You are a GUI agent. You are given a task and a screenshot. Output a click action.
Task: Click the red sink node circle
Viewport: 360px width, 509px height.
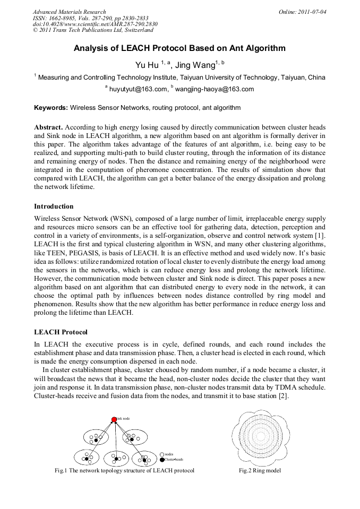(114, 419)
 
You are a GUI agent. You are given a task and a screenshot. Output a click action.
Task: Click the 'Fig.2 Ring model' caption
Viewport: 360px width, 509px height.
(260, 471)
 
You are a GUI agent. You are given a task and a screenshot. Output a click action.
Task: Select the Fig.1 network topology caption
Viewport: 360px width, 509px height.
(124, 471)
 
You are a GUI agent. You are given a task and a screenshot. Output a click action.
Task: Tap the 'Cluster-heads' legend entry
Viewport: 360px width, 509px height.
(174, 459)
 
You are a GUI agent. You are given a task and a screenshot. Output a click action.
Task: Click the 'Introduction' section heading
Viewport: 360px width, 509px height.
(54, 206)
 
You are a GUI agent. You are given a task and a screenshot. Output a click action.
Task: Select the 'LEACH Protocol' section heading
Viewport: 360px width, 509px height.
(61, 332)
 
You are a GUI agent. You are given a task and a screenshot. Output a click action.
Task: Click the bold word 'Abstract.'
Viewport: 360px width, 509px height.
(48, 128)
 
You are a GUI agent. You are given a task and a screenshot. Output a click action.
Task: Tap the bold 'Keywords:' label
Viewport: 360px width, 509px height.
(50, 108)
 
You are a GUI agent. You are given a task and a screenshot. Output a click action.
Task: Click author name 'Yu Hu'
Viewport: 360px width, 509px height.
(147, 65)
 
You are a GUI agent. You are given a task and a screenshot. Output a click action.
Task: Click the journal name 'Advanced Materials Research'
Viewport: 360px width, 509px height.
(69, 12)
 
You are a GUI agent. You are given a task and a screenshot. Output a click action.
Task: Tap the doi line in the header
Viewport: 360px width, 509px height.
(95, 24)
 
